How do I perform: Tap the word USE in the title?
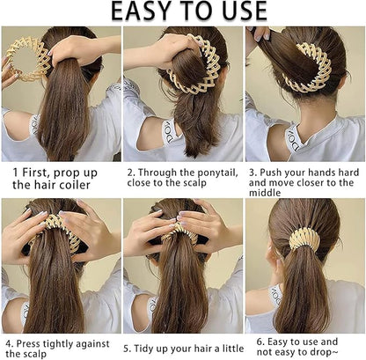pos(237,11)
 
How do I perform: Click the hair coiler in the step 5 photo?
pos(182,232)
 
